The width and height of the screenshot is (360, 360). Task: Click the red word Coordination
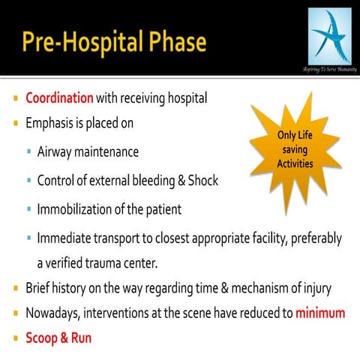coord(59,98)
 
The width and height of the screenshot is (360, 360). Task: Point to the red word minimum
coord(320,313)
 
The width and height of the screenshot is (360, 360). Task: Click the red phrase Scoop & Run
coord(58,337)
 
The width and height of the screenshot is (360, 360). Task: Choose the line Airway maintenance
coord(88,151)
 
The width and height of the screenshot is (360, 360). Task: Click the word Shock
coord(201,181)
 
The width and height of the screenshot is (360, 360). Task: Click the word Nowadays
coord(52,313)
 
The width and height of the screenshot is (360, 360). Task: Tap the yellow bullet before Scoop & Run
coord(16,339)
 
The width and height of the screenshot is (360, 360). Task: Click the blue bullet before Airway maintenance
coord(28,152)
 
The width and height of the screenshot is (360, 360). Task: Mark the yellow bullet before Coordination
coord(16,99)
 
